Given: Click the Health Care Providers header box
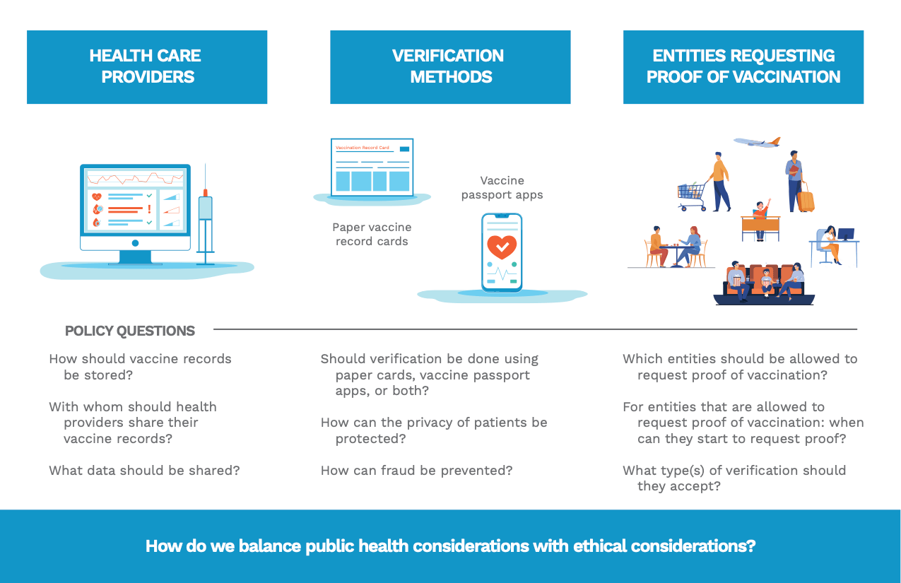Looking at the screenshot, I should tap(147, 67).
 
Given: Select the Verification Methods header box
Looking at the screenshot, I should tap(450, 67).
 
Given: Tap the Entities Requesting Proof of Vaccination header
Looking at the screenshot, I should tap(743, 67).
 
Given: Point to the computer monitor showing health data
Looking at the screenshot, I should tap(135, 208).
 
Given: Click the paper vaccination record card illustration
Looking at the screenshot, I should tap(372, 167).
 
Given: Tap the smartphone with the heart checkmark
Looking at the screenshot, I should tap(502, 252).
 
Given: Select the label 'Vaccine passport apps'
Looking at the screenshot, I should tap(502, 188).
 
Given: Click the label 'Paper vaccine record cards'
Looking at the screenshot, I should tap(372, 234).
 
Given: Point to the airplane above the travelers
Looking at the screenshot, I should tap(757, 142).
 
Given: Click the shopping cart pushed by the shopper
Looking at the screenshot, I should tap(691, 194).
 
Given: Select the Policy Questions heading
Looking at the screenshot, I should tap(130, 331).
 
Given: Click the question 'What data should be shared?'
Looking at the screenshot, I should tap(144, 470).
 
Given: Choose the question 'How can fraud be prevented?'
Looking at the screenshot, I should tap(416, 470).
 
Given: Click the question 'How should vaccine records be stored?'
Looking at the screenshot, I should tap(140, 366).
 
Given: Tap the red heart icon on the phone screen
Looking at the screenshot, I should tap(502, 246).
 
